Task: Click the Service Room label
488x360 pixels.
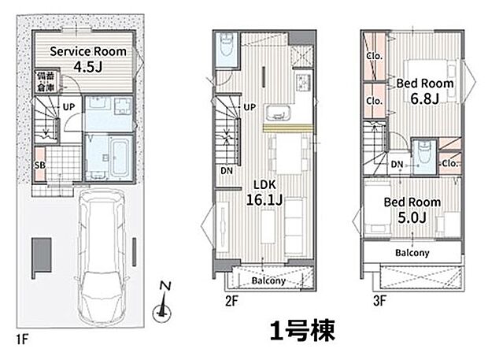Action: click(x=87, y=50)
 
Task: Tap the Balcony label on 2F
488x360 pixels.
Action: click(x=268, y=281)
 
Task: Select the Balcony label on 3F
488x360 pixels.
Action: click(x=411, y=253)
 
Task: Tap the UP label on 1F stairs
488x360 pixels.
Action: click(x=68, y=106)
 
